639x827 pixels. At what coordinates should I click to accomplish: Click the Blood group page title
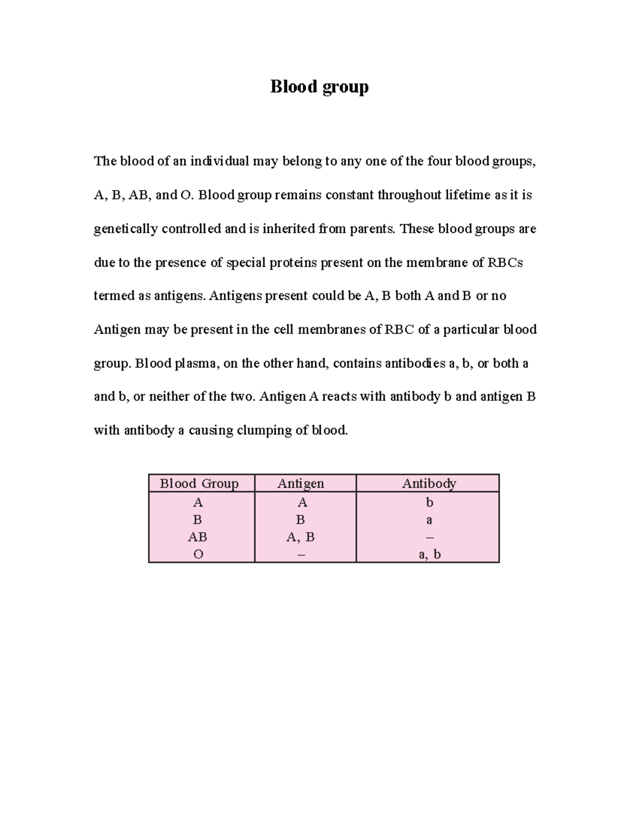[x=319, y=86]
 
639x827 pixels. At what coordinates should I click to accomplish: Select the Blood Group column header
[x=199, y=484]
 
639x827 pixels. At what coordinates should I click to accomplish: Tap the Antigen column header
[x=300, y=484]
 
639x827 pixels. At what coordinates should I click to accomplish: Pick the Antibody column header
[x=429, y=484]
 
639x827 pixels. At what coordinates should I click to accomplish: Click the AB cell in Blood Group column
[x=198, y=537]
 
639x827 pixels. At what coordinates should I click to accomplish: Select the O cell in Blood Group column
[x=198, y=555]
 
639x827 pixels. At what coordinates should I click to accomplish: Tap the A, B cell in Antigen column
[x=300, y=537]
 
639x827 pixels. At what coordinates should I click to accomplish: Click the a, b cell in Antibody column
[x=430, y=555]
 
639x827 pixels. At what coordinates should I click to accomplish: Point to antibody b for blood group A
[x=430, y=503]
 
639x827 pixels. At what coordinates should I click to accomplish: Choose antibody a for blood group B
[x=429, y=520]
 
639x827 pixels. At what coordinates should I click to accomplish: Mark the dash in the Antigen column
[x=302, y=555]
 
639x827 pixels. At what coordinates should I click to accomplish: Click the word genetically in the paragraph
[x=126, y=229]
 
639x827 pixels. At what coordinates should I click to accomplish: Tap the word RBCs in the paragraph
[x=505, y=263]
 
